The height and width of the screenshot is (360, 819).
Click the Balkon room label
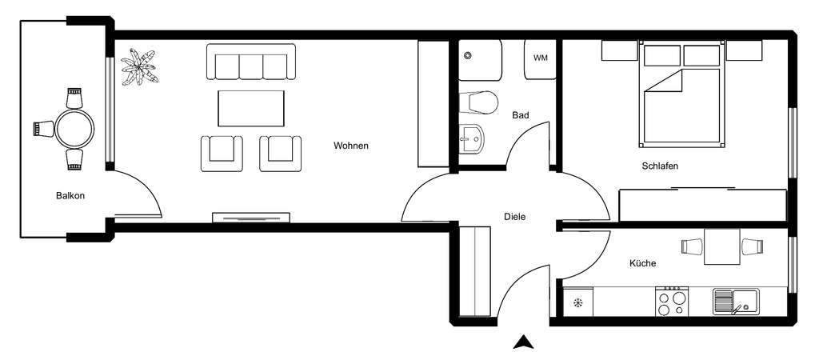[70, 196]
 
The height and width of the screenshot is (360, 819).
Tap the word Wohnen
[351, 146]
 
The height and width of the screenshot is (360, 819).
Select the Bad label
[521, 115]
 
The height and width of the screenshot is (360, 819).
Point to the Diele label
[515, 216]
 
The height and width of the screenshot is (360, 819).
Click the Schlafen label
[660, 166]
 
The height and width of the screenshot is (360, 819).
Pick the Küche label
[643, 263]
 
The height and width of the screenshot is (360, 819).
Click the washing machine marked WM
[541, 58]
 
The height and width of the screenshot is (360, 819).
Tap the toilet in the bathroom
[477, 102]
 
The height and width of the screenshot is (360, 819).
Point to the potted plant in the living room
[139, 67]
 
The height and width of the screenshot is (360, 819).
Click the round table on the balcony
[74, 128]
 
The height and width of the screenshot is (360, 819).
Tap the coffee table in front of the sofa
[251, 108]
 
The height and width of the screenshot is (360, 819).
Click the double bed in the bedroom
[682, 104]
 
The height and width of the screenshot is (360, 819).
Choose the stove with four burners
[671, 302]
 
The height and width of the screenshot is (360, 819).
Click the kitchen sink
[734, 302]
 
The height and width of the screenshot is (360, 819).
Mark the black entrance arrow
[523, 342]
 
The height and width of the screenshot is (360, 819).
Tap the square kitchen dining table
[722, 246]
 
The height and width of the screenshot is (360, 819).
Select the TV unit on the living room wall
[251, 217]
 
